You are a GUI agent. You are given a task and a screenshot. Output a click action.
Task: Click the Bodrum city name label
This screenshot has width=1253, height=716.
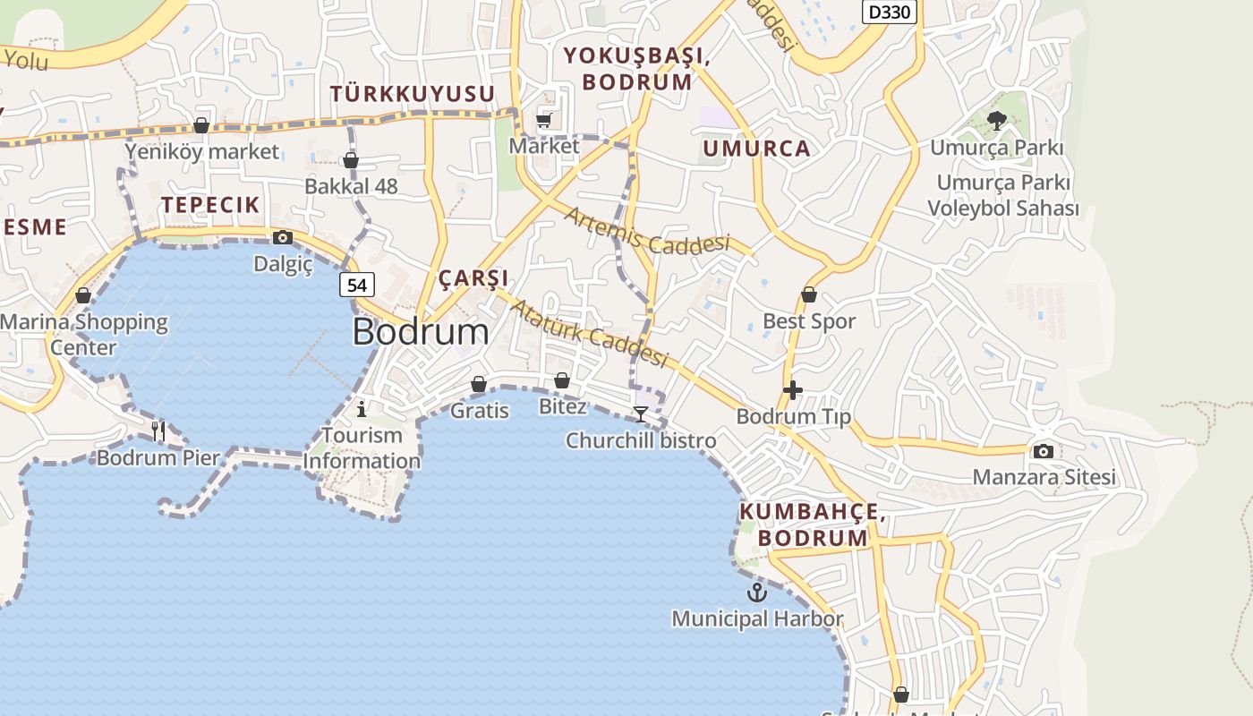pyautogui.click(x=421, y=332)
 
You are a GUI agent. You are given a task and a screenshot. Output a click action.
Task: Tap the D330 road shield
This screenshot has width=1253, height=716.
pyautogui.click(x=890, y=12)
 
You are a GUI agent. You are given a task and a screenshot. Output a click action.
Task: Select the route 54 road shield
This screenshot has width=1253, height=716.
pyautogui.click(x=356, y=286)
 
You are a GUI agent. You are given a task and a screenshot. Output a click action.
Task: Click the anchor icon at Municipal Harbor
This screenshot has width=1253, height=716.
pyautogui.click(x=757, y=592)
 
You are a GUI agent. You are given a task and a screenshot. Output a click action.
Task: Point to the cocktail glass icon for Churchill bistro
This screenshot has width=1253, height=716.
pyautogui.click(x=641, y=413)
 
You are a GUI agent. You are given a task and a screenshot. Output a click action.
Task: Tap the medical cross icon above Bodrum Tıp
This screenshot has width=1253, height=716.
pyautogui.click(x=792, y=390)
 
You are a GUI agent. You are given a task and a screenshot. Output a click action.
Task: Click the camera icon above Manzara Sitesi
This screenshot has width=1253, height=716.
pyautogui.click(x=1043, y=451)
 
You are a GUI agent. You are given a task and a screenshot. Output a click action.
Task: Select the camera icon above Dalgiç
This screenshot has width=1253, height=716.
pyautogui.click(x=283, y=237)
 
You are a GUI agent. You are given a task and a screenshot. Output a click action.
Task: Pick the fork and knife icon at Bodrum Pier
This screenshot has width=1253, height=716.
pyautogui.click(x=158, y=431)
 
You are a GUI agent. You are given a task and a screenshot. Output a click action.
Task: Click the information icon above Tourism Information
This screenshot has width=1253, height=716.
pyautogui.click(x=362, y=409)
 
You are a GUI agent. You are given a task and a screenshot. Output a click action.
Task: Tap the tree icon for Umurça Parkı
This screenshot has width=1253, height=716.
pyautogui.click(x=996, y=121)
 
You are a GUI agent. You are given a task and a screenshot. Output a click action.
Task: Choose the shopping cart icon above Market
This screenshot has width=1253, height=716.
pyautogui.click(x=543, y=119)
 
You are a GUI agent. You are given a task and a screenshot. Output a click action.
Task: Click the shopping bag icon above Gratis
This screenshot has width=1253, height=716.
pyautogui.click(x=479, y=384)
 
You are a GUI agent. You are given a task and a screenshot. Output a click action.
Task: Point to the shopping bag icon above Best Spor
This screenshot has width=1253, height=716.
pyautogui.click(x=809, y=294)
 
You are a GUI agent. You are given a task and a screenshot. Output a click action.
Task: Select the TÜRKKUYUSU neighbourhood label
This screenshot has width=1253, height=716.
pyautogui.click(x=413, y=94)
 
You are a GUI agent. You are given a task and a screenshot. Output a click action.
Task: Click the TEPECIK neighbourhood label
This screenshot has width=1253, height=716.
pyautogui.click(x=210, y=205)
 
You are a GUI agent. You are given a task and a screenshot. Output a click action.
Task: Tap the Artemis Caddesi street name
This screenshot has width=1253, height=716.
pyautogui.click(x=646, y=230)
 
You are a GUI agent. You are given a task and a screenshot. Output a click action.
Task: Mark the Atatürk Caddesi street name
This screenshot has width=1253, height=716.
pyautogui.click(x=589, y=333)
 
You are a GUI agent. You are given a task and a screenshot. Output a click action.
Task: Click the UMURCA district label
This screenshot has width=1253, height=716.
pyautogui.click(x=756, y=149)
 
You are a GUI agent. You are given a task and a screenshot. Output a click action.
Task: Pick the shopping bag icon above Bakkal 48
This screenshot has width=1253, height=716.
pyautogui.click(x=351, y=160)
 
